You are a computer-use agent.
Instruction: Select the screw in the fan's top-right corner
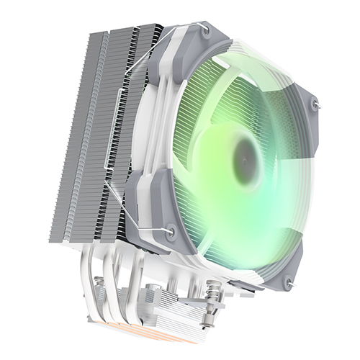point(314,105)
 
